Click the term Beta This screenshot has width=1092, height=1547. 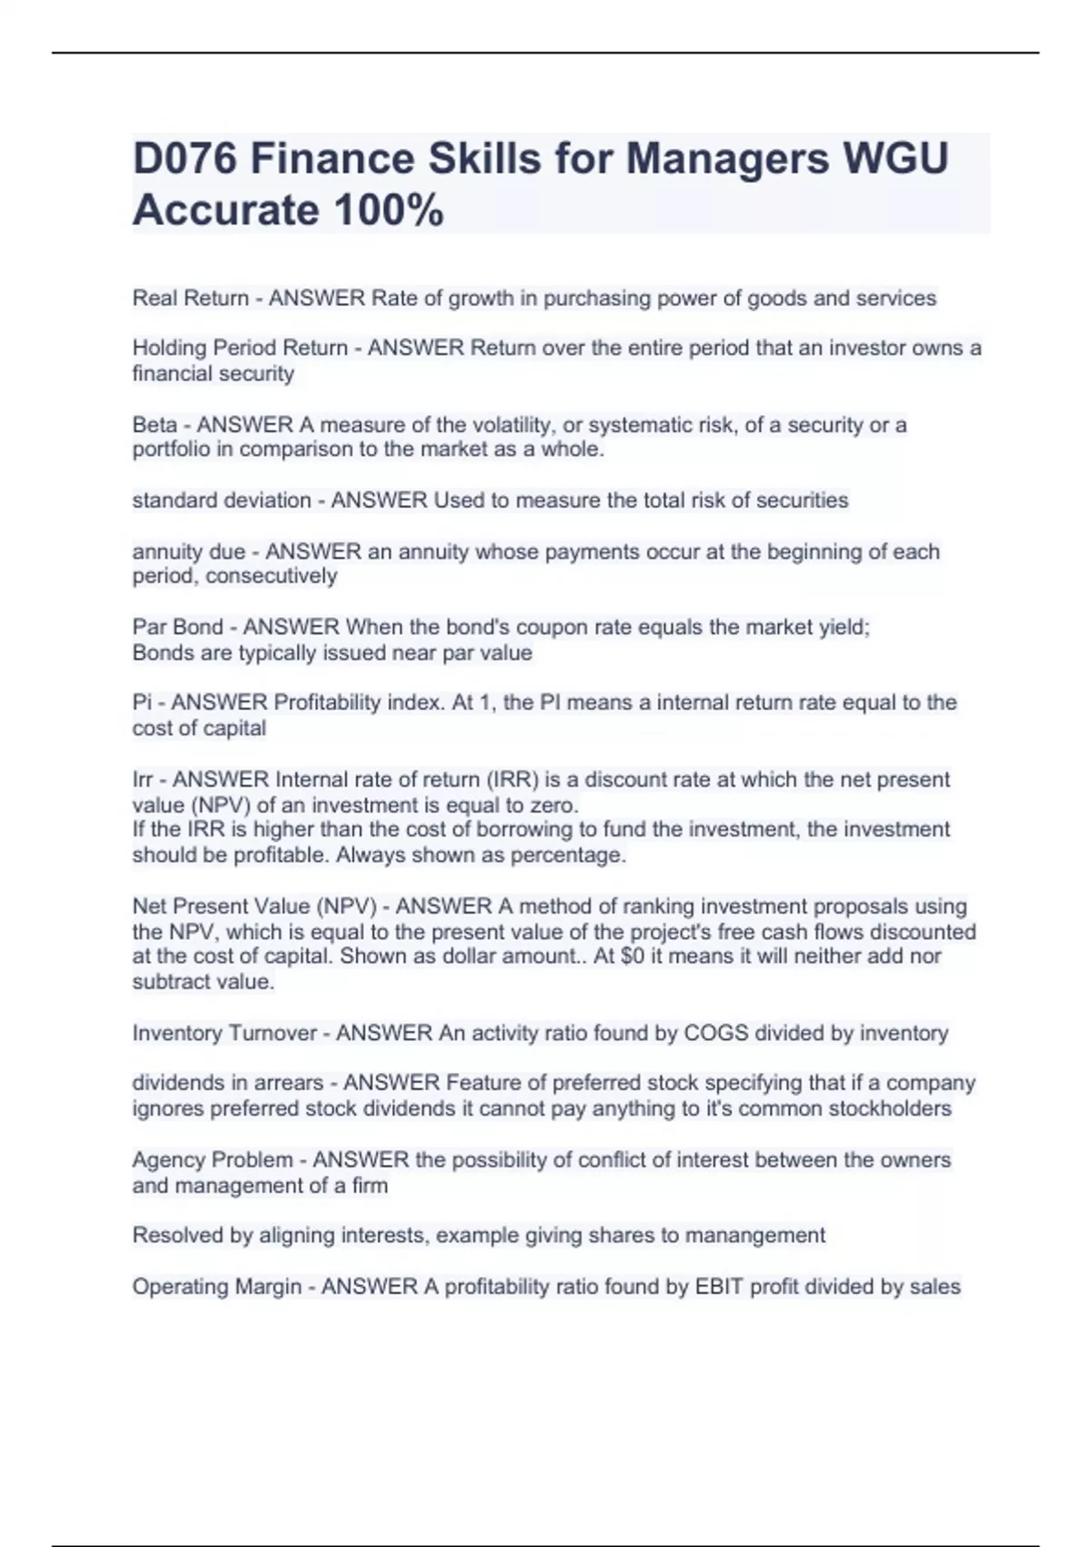click(154, 425)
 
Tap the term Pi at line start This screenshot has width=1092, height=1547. click(142, 703)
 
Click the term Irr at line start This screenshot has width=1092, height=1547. click(144, 780)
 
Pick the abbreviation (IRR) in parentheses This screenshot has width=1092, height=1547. click(513, 780)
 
